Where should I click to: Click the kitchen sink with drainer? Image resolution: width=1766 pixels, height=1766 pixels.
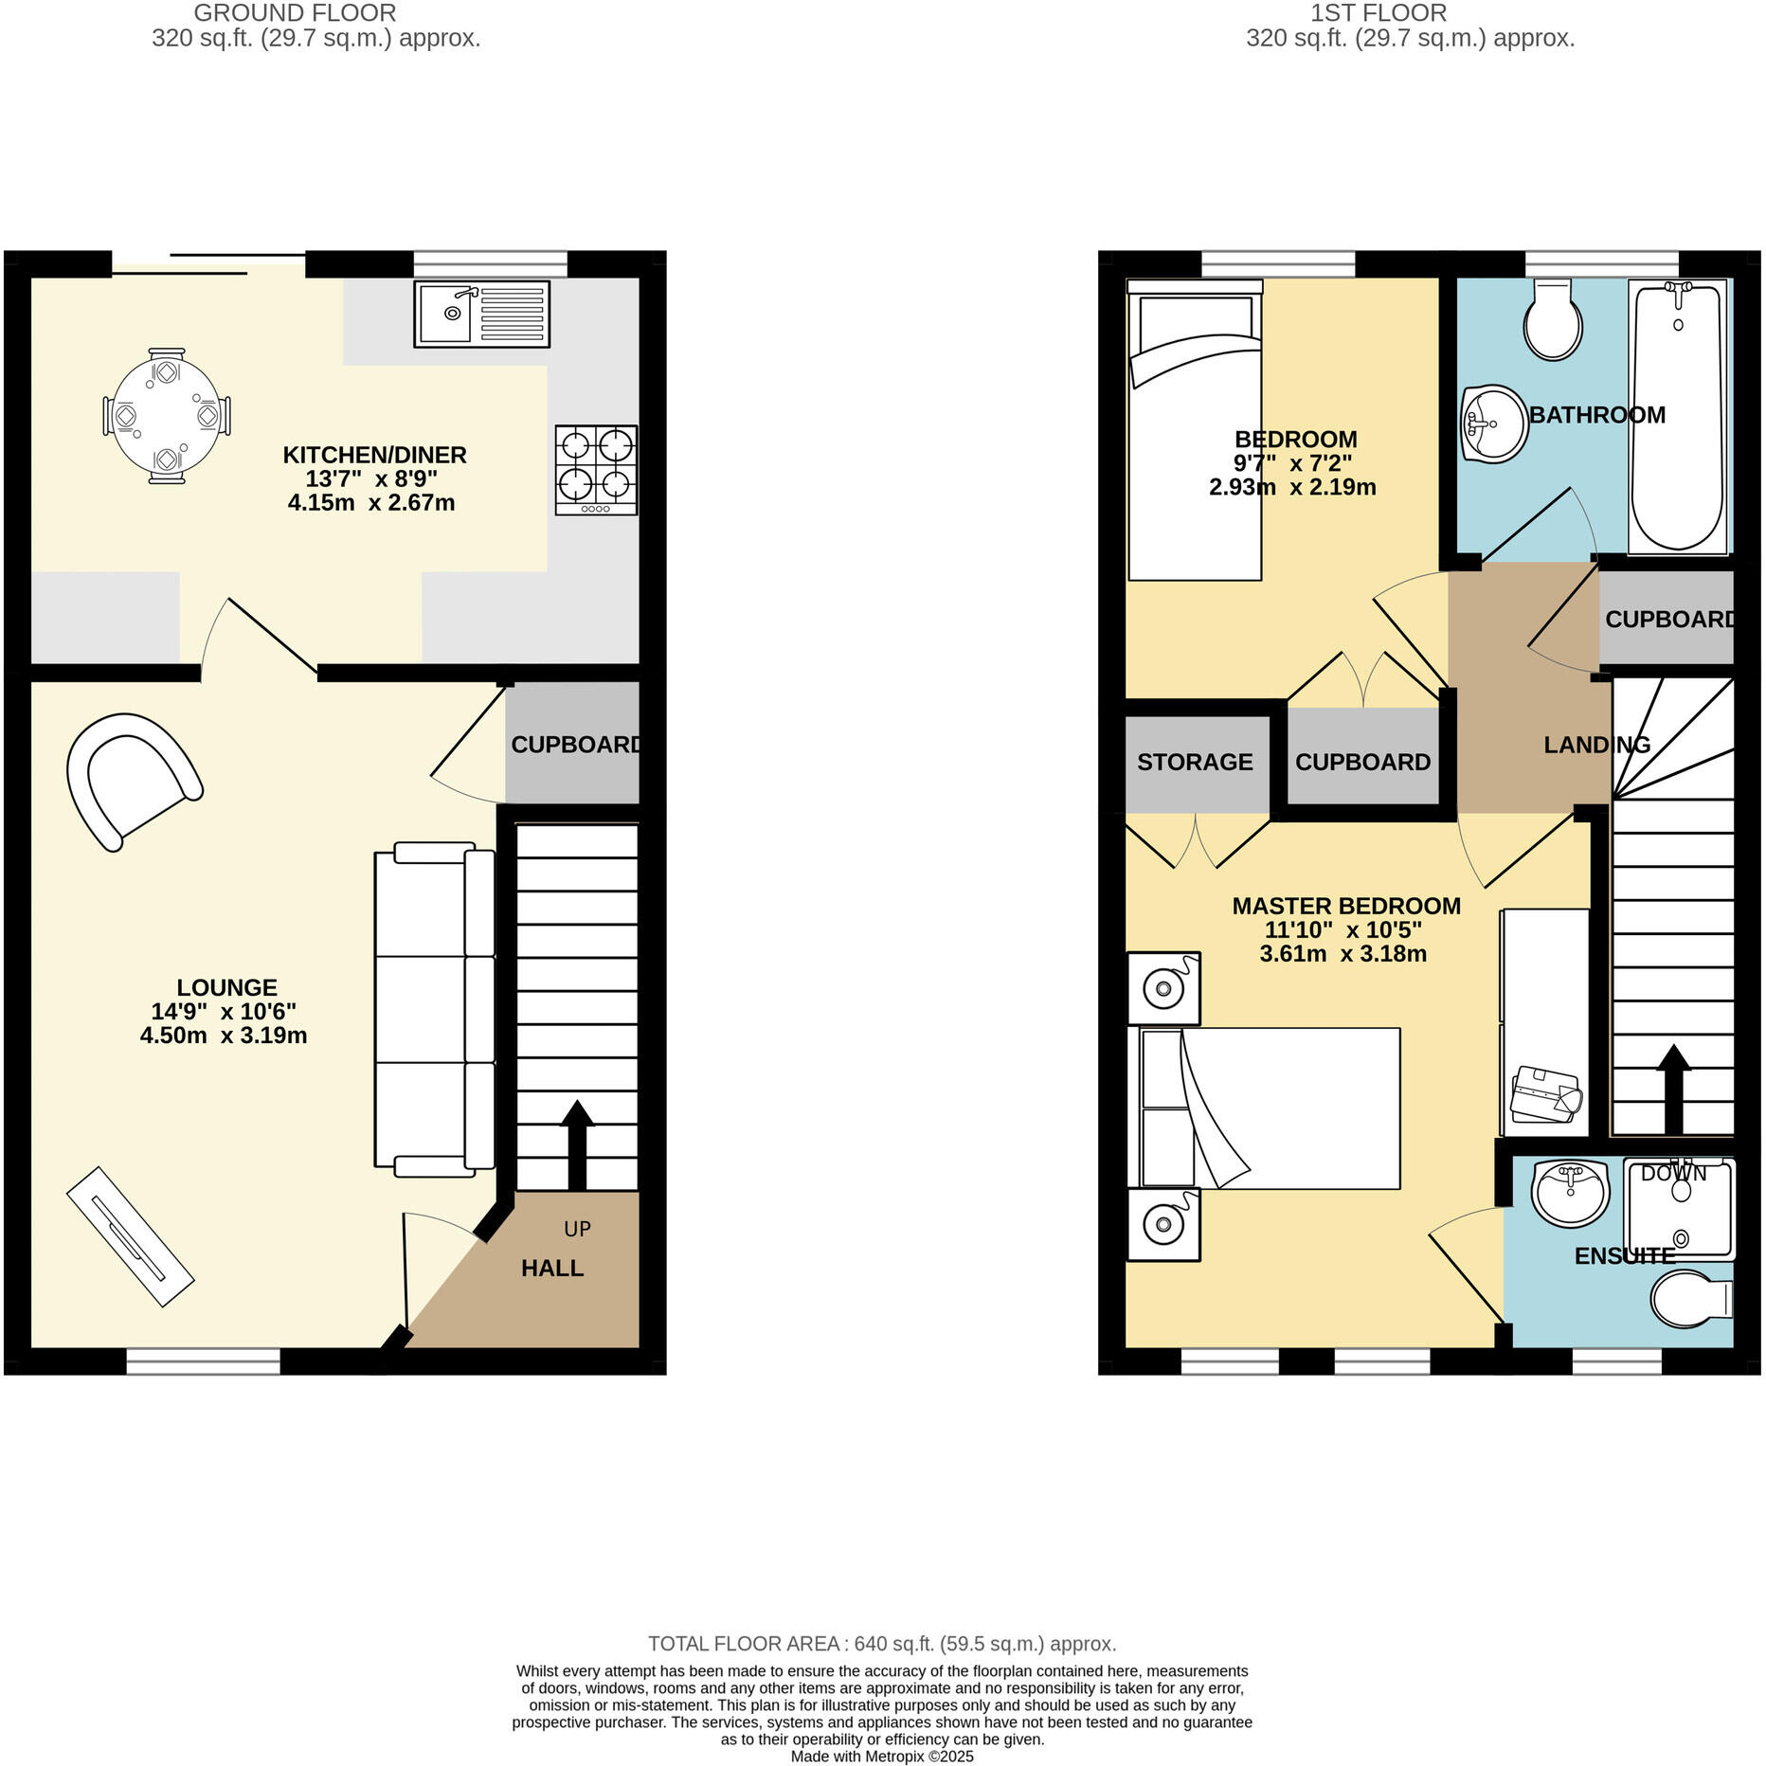(x=481, y=314)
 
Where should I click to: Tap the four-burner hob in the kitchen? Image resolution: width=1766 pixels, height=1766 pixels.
(x=596, y=469)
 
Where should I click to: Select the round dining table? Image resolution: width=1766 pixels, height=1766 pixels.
(x=167, y=416)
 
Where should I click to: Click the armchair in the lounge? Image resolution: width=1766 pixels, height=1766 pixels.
(x=133, y=780)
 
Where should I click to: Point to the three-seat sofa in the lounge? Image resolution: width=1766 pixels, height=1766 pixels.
(x=434, y=1009)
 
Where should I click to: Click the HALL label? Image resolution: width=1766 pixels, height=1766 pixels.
(x=552, y=1268)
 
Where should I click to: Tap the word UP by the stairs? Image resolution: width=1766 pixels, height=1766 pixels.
(x=577, y=1229)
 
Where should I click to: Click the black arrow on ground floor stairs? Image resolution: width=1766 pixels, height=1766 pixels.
(x=577, y=1144)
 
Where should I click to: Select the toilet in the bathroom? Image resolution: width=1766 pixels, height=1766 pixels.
(x=1552, y=320)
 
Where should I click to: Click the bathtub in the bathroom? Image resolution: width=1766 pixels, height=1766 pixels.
(x=1677, y=417)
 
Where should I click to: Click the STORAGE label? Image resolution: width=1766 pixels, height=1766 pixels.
(x=1195, y=762)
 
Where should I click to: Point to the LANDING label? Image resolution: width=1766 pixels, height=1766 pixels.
(x=1596, y=745)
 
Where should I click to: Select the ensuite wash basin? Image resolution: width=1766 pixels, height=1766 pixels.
(x=1570, y=1190)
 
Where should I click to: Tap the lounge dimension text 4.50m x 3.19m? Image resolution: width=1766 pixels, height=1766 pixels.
(x=224, y=1036)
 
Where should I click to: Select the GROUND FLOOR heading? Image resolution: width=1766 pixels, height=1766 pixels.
(x=295, y=13)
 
